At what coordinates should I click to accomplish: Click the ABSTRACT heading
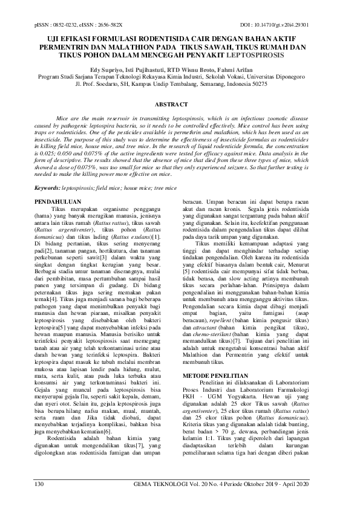(179, 105)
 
